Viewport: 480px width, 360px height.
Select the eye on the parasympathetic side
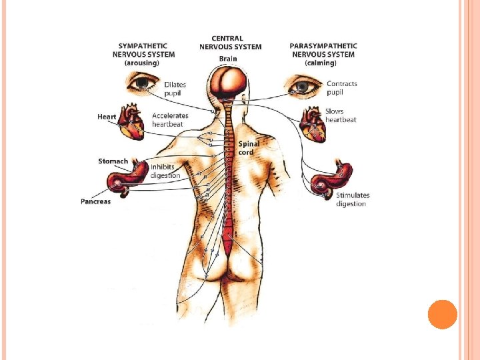pyautogui.click(x=305, y=85)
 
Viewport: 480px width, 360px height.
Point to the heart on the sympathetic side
pyautogui.click(x=131, y=121)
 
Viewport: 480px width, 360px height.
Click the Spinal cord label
pyautogui.click(x=249, y=148)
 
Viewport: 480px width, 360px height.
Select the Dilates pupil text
pyautogui.click(x=175, y=89)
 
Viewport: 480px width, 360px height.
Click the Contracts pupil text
pyautogui.click(x=342, y=89)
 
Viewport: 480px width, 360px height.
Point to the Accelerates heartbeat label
pyautogui.click(x=170, y=120)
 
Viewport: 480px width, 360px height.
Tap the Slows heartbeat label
pyautogui.click(x=341, y=115)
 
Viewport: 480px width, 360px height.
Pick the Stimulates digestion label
pyautogui.click(x=353, y=199)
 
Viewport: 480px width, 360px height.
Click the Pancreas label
pyautogui.click(x=96, y=201)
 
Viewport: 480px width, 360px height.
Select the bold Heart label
pyautogui.click(x=107, y=117)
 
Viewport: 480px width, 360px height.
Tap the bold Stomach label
pyautogui.click(x=113, y=161)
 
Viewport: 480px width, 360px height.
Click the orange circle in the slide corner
pyautogui.click(x=442, y=314)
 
